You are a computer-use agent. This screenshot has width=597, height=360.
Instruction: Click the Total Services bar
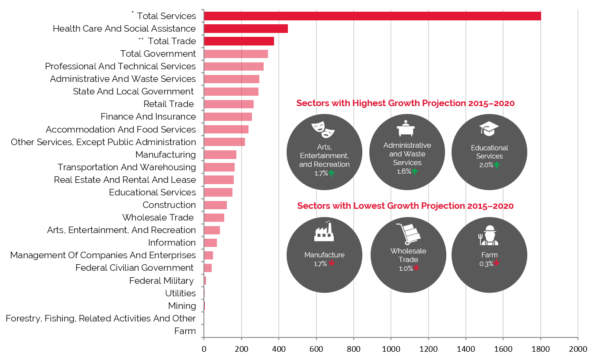pyautogui.click(x=372, y=16)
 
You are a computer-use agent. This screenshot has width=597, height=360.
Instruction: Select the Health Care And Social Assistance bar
pyautogui.click(x=246, y=29)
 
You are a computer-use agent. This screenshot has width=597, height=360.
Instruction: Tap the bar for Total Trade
pyautogui.click(x=239, y=41)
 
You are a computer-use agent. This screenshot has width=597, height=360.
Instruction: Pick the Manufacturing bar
pyautogui.click(x=220, y=155)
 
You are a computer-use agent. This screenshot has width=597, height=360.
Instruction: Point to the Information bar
pyautogui.click(x=210, y=243)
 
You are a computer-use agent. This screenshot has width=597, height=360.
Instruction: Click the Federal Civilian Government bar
pyautogui.click(x=208, y=268)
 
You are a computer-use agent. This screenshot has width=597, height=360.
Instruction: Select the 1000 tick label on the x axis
pyautogui.click(x=391, y=349)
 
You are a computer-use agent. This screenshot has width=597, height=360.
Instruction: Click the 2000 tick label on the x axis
pyautogui.click(x=578, y=349)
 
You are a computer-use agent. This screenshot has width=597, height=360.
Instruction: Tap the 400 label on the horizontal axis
pyautogui.click(x=279, y=349)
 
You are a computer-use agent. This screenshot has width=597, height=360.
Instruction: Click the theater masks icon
pyautogui.click(x=323, y=130)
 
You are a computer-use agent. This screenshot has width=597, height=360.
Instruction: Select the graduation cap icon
pyautogui.click(x=489, y=129)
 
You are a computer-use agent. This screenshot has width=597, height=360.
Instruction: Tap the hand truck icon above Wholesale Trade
pyautogui.click(x=408, y=234)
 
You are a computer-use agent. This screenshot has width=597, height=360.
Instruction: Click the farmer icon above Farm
pyautogui.click(x=488, y=235)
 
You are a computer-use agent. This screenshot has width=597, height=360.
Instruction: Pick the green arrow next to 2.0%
pyautogui.click(x=497, y=165)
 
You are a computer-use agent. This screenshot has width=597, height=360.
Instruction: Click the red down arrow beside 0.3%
pyautogui.click(x=496, y=263)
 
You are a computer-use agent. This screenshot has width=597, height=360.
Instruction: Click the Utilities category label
pyautogui.click(x=181, y=293)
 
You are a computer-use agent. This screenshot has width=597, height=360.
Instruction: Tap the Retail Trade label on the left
pyautogui.click(x=168, y=104)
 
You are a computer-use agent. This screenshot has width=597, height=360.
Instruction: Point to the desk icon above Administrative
pyautogui.click(x=406, y=128)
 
